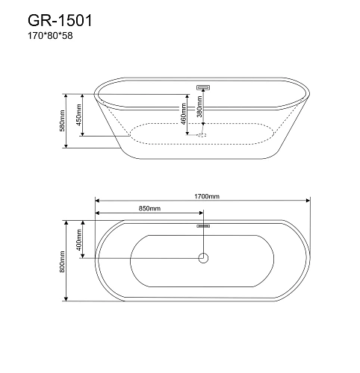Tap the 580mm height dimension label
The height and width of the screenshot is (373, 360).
pos(65,121)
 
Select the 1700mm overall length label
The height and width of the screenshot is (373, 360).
pos(203,195)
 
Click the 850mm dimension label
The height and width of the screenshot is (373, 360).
pos(149,208)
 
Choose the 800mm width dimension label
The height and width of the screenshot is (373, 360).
pos(65,260)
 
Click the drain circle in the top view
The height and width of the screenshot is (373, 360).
pos(202,258)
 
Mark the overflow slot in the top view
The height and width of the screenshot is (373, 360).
pos(202,225)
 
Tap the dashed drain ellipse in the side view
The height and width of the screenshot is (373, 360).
pos(202,135)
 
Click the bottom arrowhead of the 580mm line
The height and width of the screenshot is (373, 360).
pos(69,145)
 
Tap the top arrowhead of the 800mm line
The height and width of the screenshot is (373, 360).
pos(69,222)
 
